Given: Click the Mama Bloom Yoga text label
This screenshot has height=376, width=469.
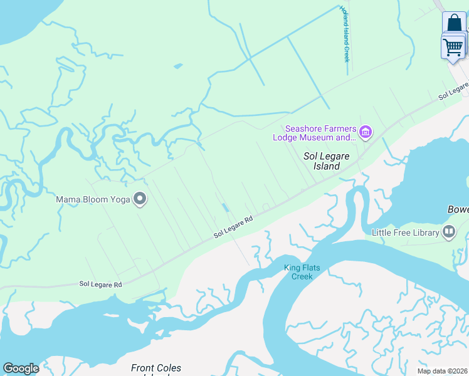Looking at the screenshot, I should tap(93, 200).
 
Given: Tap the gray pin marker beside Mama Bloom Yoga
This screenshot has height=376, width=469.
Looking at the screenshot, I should tap(140, 199).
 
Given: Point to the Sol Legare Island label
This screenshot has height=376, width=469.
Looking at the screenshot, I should tap(322, 161).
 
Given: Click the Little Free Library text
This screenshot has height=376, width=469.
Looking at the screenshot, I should tap(405, 233).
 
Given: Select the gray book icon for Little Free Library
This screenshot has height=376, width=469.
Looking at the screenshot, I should tap(449, 232).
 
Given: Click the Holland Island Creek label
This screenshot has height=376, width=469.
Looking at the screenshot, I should tap(344, 34).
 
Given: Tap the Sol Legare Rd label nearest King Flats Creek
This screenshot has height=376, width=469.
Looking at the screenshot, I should tap(233, 227).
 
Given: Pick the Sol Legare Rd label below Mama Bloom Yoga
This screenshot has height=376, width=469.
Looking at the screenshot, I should tap(100, 284).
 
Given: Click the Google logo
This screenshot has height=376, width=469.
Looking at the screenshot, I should tap(21, 368).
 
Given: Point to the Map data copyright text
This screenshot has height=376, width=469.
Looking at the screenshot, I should tap(442, 371).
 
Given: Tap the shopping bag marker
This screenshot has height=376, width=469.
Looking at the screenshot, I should tap(454, 23).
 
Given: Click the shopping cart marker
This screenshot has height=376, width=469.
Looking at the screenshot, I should tap(453, 47).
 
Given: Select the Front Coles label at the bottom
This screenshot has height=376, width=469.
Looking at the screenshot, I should tap(156, 368).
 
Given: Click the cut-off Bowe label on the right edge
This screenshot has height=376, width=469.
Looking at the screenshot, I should tap(458, 209).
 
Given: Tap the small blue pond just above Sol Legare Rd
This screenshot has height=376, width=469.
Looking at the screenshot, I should tap(224, 208).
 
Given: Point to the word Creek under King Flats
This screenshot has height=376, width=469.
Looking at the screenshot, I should tap(302, 276).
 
